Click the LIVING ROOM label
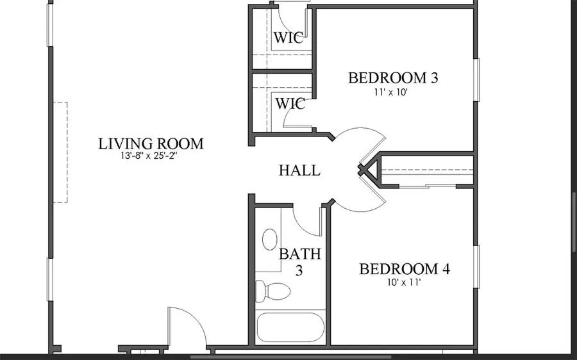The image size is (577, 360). coord(151,143)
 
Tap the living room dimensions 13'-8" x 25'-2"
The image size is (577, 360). coord(149,156)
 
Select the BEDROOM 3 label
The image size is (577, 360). coord(393,78)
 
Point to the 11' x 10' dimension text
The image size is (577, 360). coord(391,92)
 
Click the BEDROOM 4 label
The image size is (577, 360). coord(405,269)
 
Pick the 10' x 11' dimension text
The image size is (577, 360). coord(404,282)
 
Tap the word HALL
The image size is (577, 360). coord(299,170)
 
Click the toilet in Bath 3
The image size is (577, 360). coord(272,291)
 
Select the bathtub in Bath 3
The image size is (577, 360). coord(290,327)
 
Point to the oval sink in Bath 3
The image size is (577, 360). coord(270,240)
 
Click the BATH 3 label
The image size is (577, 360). coord(299,262)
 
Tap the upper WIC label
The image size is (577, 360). coord(288,38)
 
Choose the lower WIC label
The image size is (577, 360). coord(290,104)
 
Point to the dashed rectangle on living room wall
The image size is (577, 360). coord(60,152)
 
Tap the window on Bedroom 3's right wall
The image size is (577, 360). coord(476,80)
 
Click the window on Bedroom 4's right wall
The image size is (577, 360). coord(476,266)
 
